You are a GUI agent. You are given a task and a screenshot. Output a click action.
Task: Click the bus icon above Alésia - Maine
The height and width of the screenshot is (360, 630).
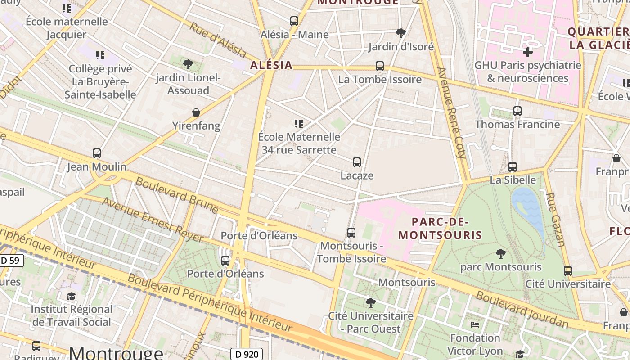[294, 21]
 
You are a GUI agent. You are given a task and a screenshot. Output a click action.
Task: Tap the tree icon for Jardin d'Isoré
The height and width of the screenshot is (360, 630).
[400, 33]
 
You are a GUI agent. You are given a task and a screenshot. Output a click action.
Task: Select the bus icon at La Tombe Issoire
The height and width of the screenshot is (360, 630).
[380, 66]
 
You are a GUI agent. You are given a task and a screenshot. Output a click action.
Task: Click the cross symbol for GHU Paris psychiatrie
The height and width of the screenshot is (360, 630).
[528, 52]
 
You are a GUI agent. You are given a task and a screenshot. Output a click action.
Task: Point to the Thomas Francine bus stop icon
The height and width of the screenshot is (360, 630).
[517, 111]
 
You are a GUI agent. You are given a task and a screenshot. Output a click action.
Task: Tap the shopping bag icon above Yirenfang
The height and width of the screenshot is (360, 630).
[196, 112]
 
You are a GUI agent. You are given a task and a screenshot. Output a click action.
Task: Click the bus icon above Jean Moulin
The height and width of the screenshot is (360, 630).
[97, 153]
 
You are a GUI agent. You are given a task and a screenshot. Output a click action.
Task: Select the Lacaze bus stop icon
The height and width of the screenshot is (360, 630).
[357, 162]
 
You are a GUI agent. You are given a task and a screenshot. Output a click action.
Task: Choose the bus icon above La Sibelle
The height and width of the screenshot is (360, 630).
[513, 167]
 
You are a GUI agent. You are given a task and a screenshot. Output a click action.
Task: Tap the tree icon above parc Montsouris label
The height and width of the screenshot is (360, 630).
[500, 253]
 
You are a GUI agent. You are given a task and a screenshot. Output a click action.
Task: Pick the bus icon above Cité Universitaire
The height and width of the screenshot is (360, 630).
[568, 271]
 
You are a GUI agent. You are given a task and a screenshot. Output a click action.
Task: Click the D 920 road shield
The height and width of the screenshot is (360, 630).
[246, 354]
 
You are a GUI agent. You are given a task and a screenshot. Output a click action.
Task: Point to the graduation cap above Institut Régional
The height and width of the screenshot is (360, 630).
[72, 296]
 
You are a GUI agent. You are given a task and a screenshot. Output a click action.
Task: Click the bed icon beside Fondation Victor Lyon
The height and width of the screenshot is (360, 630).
[475, 324]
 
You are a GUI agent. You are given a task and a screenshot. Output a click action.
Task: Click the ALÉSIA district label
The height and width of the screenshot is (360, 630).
[271, 65]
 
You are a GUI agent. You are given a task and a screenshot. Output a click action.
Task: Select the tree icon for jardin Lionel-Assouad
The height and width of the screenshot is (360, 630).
[188, 64]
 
